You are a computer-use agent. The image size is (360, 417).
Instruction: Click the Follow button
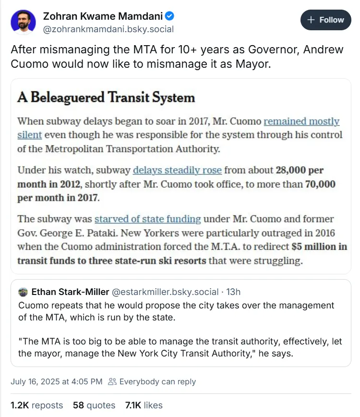326,20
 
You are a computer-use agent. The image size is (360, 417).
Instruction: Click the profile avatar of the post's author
23,23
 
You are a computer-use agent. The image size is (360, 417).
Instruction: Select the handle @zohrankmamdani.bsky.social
108,29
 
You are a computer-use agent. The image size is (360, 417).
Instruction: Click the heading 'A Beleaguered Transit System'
106,98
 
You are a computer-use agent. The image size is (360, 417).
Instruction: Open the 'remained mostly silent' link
301,122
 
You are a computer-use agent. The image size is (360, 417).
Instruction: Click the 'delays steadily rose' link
177,170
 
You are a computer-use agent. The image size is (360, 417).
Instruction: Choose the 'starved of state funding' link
147,219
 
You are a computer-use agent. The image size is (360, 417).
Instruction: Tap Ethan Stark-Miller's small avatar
23,292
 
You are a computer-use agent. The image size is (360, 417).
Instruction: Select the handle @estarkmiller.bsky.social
165,292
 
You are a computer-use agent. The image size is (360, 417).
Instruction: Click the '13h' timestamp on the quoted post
233,292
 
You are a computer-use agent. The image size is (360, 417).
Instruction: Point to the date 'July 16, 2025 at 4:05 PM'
57,381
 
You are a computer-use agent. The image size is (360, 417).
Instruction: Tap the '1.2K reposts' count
36,405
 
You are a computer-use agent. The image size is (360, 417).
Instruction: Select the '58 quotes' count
94,405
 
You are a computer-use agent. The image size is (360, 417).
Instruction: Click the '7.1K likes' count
144,405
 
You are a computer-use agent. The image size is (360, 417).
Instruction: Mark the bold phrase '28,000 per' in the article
305,170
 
